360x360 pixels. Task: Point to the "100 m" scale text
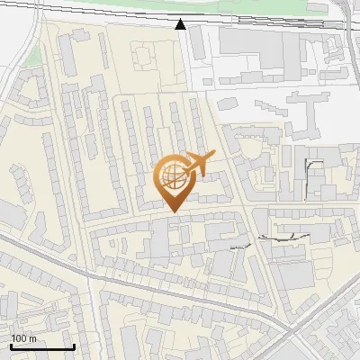click(23, 338)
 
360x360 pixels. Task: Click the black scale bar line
click(42, 346)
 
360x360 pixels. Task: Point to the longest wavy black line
click(283, 238)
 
